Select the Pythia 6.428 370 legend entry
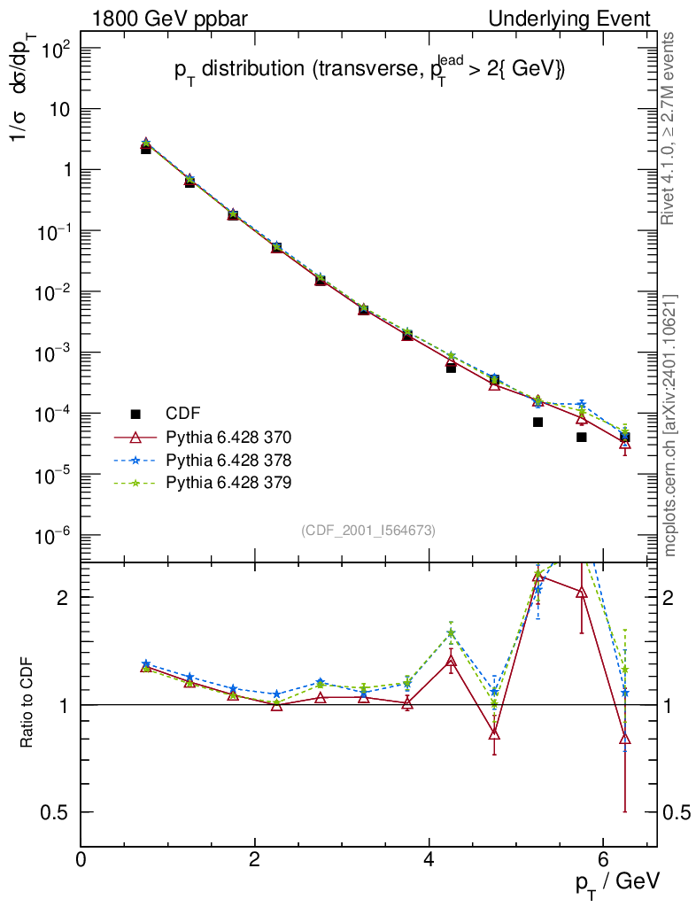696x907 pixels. click(228, 437)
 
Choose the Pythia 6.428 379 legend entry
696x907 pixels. click(228, 483)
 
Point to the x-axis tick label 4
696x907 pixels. click(429, 860)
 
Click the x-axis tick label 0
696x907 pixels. click(81, 860)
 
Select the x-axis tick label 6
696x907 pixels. click(602, 860)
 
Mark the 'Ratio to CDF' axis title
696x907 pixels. click(27, 704)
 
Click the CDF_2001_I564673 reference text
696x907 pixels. click(368, 530)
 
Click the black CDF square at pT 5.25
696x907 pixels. click(537, 422)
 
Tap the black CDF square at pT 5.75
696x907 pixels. click(581, 437)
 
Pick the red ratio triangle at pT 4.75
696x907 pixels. click(494, 733)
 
